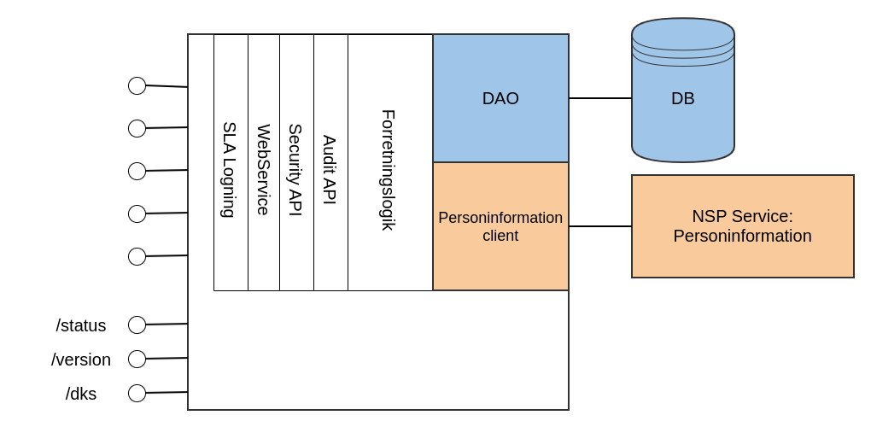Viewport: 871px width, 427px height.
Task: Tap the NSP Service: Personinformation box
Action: [x=742, y=226]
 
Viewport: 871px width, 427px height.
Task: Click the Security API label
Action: [x=295, y=169]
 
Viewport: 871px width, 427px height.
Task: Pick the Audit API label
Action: [x=330, y=169]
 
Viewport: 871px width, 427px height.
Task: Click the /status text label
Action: [x=81, y=325]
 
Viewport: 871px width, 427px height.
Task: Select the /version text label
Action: [x=81, y=360]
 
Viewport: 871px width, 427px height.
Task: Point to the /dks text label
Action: [x=81, y=394]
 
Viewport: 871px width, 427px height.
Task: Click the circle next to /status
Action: [x=137, y=325]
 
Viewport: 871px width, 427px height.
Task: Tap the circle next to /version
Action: [x=137, y=359]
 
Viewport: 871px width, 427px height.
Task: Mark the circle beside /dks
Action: [x=137, y=393]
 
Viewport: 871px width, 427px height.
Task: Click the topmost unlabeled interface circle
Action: [x=137, y=85]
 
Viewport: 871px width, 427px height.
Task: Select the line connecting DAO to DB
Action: [x=600, y=98]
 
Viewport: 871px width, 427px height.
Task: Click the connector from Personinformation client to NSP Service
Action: [x=600, y=226]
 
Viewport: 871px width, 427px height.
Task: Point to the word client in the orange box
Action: [x=500, y=236]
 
